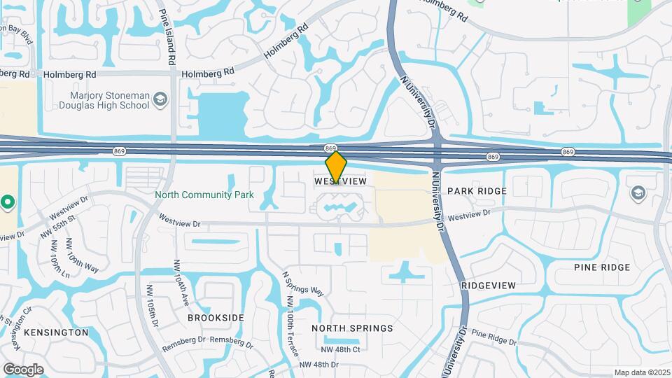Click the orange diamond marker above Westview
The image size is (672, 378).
coord(336,167)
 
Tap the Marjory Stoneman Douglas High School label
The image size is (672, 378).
coord(110,100)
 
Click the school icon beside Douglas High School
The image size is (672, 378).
coord(161,100)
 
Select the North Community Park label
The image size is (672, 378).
coord(204,195)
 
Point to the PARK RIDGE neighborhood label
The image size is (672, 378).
coord(477,190)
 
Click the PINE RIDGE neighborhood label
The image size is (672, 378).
coord(601,267)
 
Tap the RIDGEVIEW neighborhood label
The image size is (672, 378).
coord(489,286)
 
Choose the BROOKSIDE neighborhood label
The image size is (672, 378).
coord(216,317)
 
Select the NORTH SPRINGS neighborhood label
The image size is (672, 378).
coord(352,328)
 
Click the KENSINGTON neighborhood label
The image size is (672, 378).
coord(56,332)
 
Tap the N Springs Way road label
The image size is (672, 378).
coord(302,283)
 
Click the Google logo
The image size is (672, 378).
coord(23,370)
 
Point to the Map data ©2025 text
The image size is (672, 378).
coord(641,372)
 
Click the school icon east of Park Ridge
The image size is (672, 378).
coord(638,192)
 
